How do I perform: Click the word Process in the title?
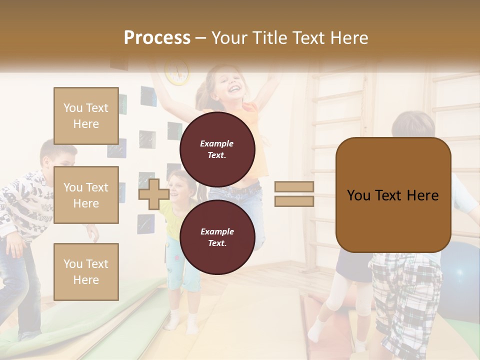157,38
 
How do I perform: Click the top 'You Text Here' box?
86,116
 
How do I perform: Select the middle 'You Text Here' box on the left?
86,195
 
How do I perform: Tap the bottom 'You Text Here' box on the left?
86,272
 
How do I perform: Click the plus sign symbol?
153,194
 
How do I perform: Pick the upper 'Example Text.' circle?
217,149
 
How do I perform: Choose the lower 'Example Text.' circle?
217,237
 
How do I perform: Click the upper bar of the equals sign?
294,187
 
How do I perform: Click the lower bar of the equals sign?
294,201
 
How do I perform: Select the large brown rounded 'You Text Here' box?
393,195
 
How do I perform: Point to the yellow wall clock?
177,72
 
